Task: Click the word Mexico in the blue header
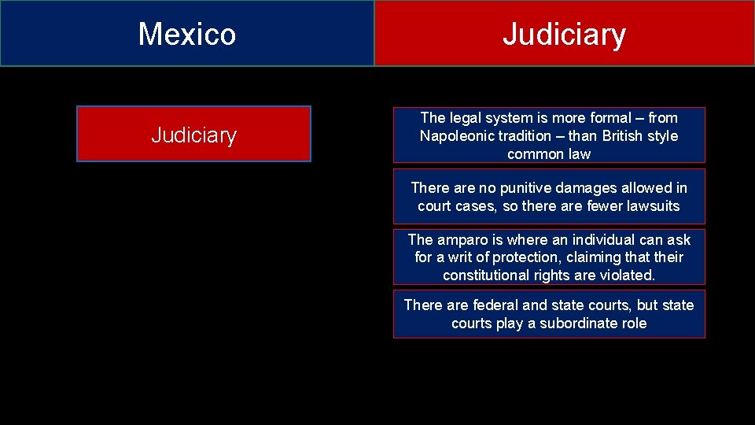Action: pos(186,34)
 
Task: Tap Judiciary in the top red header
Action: pos(564,34)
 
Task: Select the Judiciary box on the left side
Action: pos(193,135)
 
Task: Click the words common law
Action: pos(548,153)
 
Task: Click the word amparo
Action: pos(462,239)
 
